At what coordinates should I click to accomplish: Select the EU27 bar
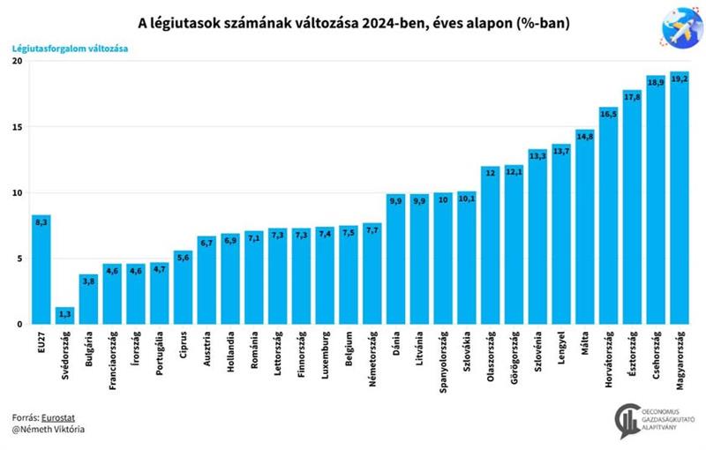pyautogui.click(x=41, y=269)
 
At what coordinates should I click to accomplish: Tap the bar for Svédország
pyautogui.click(x=65, y=315)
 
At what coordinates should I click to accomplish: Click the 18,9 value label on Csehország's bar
pyautogui.click(x=656, y=82)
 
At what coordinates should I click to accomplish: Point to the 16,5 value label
pyautogui.click(x=608, y=113)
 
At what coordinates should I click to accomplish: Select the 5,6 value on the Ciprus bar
pyautogui.click(x=184, y=257)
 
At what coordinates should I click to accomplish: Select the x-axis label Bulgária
pyautogui.click(x=89, y=352)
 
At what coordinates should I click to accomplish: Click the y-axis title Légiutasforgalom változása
pyautogui.click(x=70, y=49)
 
